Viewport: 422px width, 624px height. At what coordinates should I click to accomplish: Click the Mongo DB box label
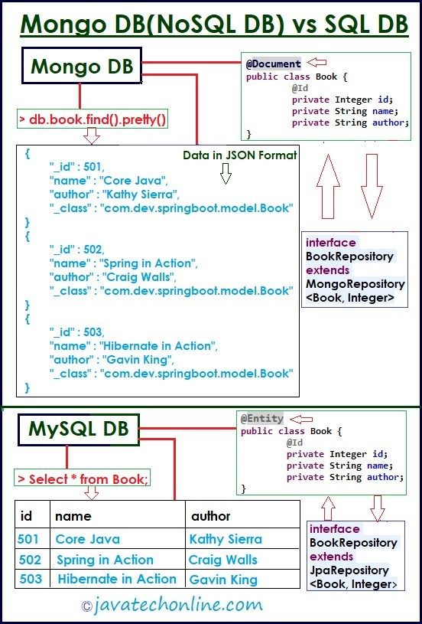coord(82,66)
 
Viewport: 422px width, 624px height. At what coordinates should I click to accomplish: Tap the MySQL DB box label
coord(79,429)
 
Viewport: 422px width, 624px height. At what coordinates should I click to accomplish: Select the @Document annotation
coord(274,64)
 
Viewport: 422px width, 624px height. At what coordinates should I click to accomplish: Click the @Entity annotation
coord(262,419)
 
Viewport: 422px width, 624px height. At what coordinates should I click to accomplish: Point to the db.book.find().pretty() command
coord(93,119)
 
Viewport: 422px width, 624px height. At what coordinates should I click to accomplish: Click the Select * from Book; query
coord(83,479)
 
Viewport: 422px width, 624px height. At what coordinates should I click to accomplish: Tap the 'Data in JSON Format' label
coord(239,155)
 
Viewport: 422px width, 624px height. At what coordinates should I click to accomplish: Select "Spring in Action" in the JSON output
coord(148,263)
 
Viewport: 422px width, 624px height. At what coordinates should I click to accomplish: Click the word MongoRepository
coord(355,284)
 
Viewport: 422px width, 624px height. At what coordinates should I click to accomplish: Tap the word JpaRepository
coord(349,570)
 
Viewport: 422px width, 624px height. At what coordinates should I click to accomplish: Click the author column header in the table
coord(210,516)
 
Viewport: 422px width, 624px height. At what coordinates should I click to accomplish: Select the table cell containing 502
coord(31,560)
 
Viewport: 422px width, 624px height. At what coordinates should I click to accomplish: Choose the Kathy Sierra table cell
coord(226,539)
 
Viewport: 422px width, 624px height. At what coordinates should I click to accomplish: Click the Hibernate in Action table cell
coord(117,579)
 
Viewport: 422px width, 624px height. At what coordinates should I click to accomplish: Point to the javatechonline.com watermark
coord(172,606)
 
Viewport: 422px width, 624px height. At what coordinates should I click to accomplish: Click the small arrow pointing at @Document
coord(316,62)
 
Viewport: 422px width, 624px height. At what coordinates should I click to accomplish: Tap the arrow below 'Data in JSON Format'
coord(226,174)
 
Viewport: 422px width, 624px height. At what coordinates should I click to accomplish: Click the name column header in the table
coord(73,516)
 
